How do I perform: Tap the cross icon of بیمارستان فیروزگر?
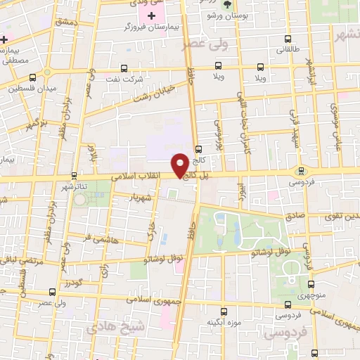pos(151,15)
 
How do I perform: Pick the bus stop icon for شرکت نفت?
pos(124,68)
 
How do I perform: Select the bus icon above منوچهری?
pos(312,284)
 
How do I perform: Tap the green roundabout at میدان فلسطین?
pos(47,72)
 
